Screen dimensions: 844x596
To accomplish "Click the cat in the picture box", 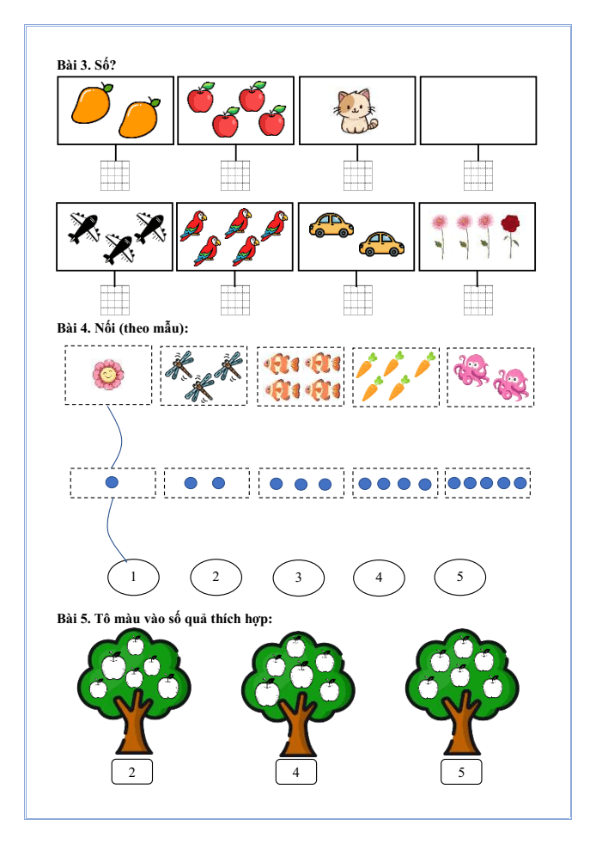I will [356, 113].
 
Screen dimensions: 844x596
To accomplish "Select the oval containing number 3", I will [298, 578].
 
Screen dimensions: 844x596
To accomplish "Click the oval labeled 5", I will [459, 577].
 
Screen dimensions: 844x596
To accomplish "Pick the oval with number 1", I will [133, 577].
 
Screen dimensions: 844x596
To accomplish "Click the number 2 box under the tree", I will [132, 772].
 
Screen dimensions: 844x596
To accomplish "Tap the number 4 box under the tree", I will [295, 772].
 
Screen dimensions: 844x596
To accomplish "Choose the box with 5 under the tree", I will [461, 772].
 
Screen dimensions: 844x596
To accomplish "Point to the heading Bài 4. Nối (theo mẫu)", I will [122, 328].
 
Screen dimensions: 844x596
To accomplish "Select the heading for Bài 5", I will [164, 619].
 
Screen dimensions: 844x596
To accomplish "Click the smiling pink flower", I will [107, 376].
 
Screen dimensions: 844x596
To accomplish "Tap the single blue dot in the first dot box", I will [112, 482].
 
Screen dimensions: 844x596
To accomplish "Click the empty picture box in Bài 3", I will [477, 110].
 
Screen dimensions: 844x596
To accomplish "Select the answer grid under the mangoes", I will [115, 175].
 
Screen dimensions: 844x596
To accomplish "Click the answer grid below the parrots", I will [235, 300].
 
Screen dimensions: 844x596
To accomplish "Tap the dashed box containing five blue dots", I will [487, 483].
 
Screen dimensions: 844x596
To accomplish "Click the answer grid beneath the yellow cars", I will [357, 300].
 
